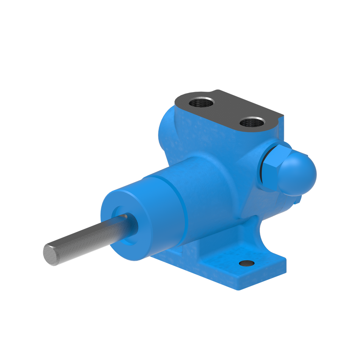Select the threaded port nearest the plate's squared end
pos(250,122)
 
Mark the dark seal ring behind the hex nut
pos(261,167)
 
